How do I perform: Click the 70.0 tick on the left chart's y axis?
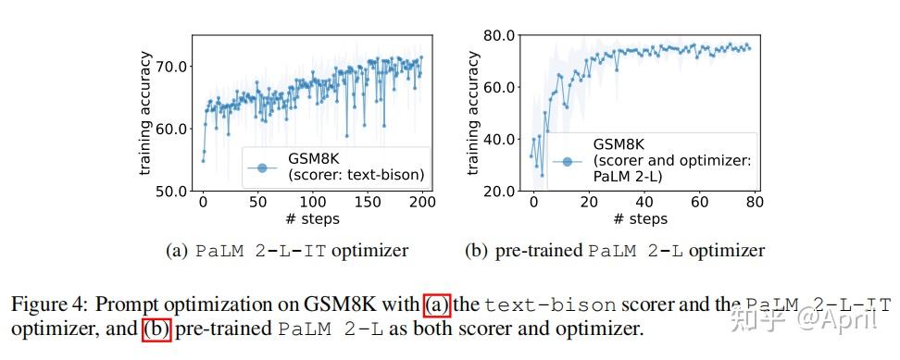pyautogui.click(x=173, y=67)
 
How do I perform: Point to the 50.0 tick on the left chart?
pyautogui.click(x=173, y=191)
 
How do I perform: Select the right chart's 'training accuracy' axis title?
pyautogui.click(x=473, y=113)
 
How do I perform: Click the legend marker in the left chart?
pyautogui.click(x=262, y=168)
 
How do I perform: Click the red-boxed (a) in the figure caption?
pyautogui.click(x=436, y=304)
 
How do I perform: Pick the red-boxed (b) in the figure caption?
pyautogui.click(x=156, y=329)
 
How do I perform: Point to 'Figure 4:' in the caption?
pyautogui.click(x=50, y=304)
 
